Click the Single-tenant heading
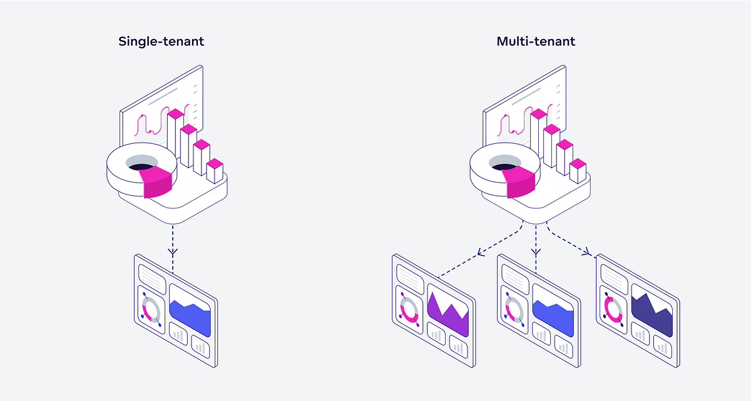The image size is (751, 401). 161,42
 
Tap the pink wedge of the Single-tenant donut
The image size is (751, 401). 157,183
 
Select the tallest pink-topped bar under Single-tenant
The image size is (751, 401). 175,135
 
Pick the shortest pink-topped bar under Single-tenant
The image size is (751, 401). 215,170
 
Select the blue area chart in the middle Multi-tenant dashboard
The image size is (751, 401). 553,316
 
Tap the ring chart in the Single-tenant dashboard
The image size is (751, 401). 151,308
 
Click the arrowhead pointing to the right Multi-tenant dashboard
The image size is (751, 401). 586,252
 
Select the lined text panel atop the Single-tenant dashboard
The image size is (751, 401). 151,275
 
